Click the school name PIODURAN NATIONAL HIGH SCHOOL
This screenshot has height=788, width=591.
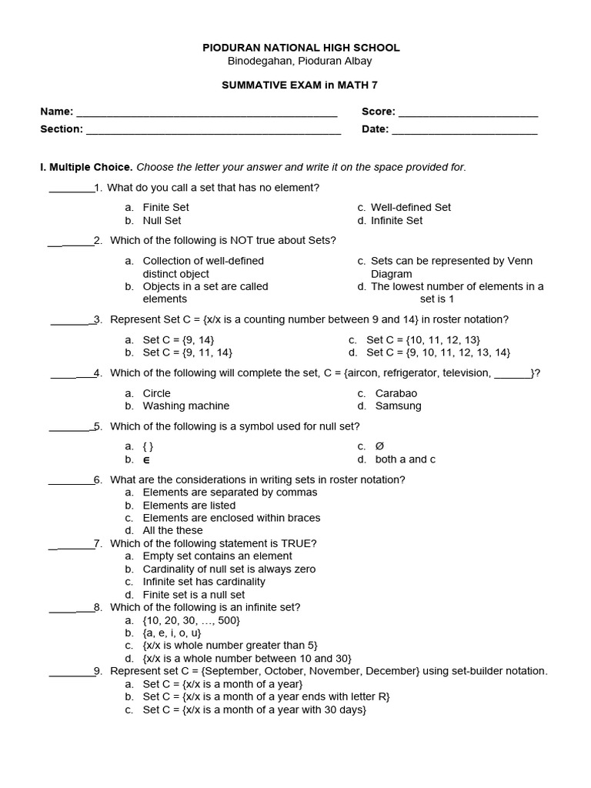[x=301, y=48]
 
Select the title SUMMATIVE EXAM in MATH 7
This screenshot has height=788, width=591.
[x=301, y=85]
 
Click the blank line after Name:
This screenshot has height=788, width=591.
[x=206, y=113]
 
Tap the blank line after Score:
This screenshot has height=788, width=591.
[x=467, y=113]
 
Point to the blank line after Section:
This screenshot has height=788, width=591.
[x=213, y=130]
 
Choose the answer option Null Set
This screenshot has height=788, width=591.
[x=162, y=220]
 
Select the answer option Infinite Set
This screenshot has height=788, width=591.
[x=396, y=220]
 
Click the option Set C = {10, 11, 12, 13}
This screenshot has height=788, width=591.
[x=422, y=339]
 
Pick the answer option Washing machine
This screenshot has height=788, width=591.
[x=185, y=406]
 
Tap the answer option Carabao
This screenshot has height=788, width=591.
[x=396, y=393]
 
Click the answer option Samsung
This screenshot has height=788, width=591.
[x=398, y=406]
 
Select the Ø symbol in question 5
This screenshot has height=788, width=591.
[x=379, y=446]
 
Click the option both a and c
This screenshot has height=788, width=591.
[x=405, y=459]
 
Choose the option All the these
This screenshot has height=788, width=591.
[x=172, y=530]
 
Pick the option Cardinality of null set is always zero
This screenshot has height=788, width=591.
[x=229, y=569]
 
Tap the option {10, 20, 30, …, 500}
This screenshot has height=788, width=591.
[x=192, y=619]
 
